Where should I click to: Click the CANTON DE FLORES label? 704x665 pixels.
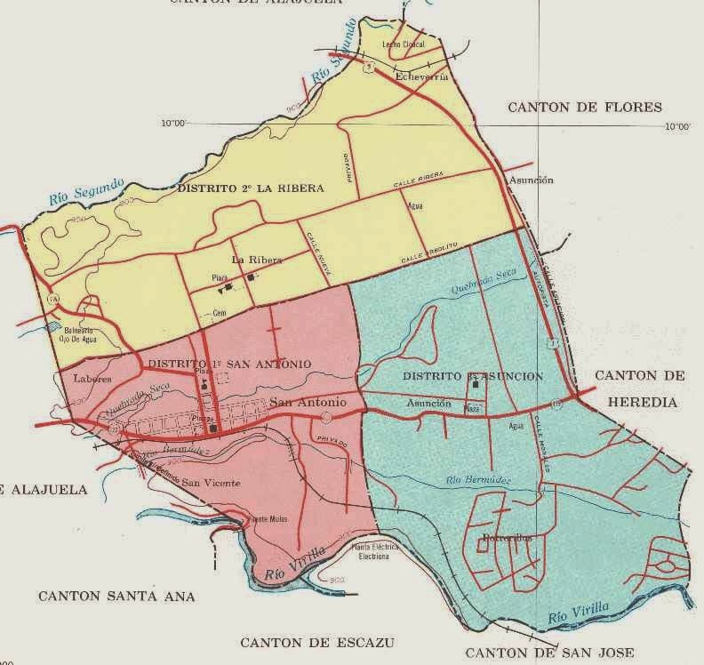pyautogui.click(x=585, y=108)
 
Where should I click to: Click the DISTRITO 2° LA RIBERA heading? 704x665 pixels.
pyautogui.click(x=249, y=188)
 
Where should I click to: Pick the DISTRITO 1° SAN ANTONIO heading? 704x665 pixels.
pyautogui.click(x=229, y=364)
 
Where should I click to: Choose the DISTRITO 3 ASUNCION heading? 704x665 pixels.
pyautogui.click(x=472, y=376)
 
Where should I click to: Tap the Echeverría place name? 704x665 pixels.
pyautogui.click(x=419, y=76)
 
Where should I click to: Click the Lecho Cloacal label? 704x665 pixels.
pyautogui.click(x=404, y=44)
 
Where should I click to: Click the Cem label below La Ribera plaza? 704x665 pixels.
pyautogui.click(x=220, y=313)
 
